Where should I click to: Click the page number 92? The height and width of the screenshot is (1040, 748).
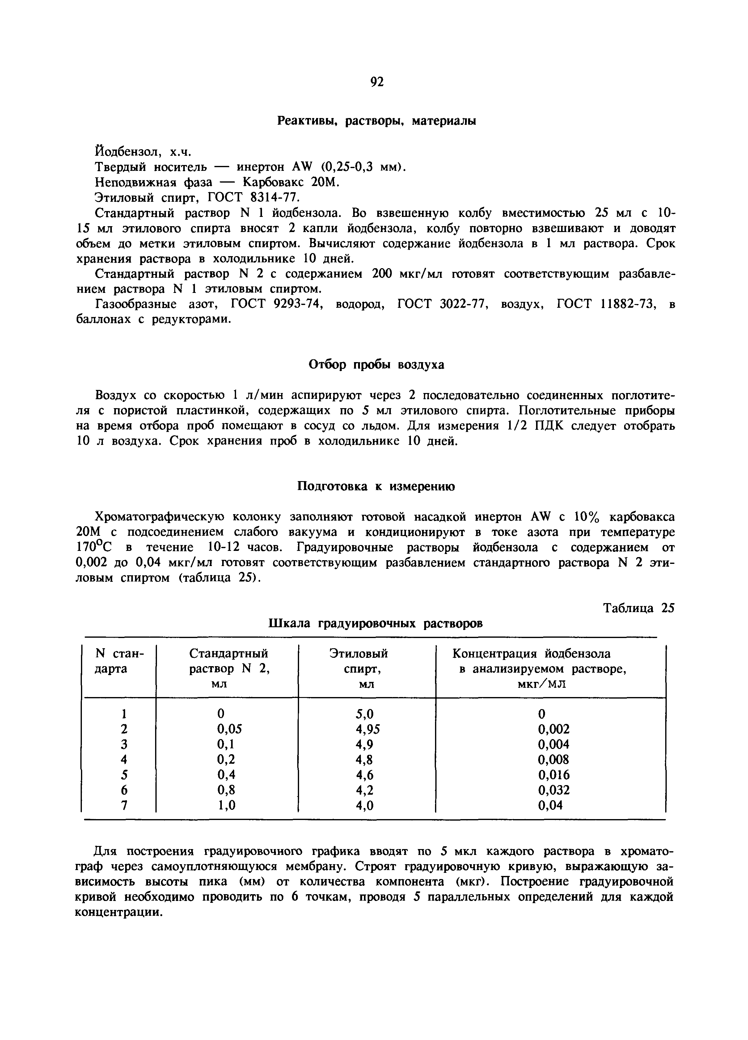click(x=376, y=82)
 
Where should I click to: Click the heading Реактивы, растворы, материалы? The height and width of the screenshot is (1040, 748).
click(x=377, y=121)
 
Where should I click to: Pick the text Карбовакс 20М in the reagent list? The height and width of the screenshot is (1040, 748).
click(x=291, y=182)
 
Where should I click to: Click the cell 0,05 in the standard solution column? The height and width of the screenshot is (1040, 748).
click(x=229, y=729)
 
